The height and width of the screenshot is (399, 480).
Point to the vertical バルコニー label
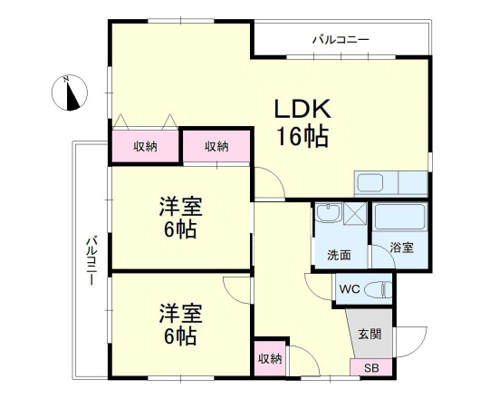tap(91, 260)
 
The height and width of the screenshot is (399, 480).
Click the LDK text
tap(305, 109)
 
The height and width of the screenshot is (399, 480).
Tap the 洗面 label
tap(328, 255)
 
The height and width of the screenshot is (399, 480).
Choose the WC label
tap(350, 290)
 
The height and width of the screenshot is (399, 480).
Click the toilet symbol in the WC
tap(380, 290)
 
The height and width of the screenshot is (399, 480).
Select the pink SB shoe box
tap(371, 367)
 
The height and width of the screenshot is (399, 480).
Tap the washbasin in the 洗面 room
tap(328, 216)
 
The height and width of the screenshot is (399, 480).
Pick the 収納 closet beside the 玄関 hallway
tap(270, 357)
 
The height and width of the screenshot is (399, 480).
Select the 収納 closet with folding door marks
tap(145, 146)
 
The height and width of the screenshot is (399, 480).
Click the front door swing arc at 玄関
tap(413, 343)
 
